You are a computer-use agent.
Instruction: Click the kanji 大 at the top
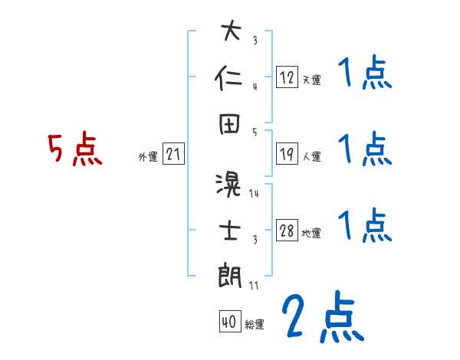tap(231, 33)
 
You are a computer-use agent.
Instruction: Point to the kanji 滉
tap(231, 185)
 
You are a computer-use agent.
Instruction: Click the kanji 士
tap(231, 230)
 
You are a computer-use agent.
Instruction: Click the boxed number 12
tap(287, 77)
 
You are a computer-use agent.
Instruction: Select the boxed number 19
tap(287, 154)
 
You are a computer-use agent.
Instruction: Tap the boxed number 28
tap(287, 231)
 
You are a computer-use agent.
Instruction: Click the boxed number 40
tap(228, 322)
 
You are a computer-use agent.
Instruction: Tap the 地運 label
tap(311, 234)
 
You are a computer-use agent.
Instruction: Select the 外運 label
tap(147, 157)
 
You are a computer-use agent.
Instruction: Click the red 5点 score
tap(74, 149)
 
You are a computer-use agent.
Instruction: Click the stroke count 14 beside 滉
tap(254, 193)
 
